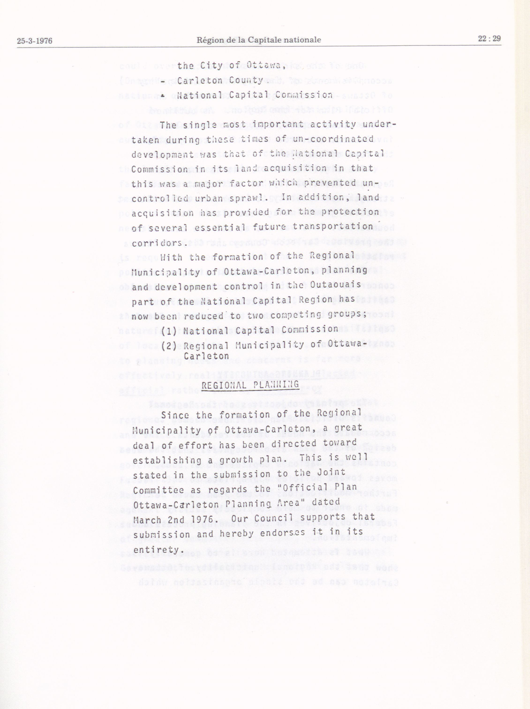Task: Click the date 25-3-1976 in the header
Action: pos(35,41)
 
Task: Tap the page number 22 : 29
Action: pos(489,39)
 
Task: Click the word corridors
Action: pos(158,243)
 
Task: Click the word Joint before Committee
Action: pos(331,472)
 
